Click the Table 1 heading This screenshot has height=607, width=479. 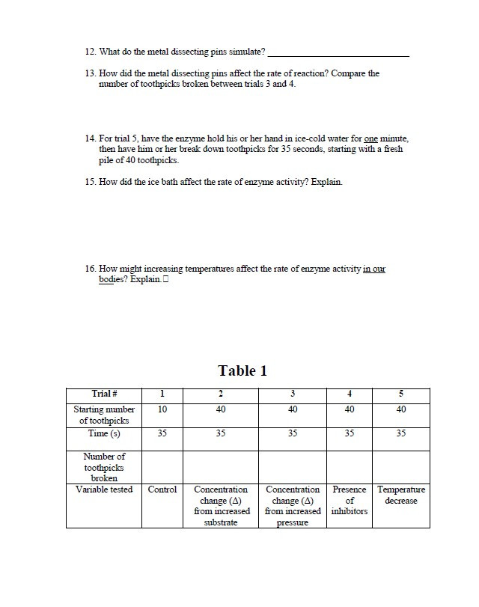[242, 370]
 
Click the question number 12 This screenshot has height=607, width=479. [91, 52]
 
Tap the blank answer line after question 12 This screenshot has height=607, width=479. [338, 55]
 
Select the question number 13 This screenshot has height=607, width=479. [91, 73]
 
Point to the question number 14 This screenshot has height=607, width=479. [91, 139]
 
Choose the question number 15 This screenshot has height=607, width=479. [91, 182]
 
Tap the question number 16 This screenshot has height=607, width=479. [91, 268]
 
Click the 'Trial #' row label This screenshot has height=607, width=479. [103, 394]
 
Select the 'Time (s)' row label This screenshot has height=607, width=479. [103, 433]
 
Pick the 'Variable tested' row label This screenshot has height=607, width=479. [103, 489]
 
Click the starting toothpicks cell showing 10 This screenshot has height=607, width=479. [162, 409]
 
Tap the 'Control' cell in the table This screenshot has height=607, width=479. [162, 489]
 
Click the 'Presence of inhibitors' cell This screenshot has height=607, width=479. [350, 500]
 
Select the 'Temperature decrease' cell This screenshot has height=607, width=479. [401, 495]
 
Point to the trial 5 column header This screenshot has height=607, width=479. [401, 394]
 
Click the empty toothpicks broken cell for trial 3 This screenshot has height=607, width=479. [293, 466]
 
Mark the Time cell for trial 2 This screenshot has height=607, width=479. [221, 433]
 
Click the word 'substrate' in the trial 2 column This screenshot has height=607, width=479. [221, 522]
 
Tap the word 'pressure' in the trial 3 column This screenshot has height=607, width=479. [293, 523]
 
